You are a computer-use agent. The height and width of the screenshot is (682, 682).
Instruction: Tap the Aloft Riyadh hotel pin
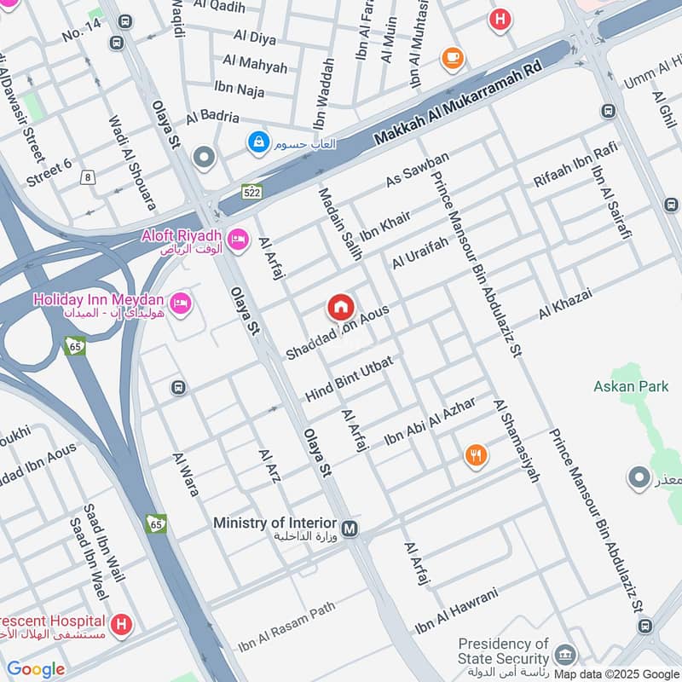239,239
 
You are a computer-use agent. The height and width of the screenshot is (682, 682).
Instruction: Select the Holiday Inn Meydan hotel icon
180,303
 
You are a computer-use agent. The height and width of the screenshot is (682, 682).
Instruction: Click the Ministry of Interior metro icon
350,529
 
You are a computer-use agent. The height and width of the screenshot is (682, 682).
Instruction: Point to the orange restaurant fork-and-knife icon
477,455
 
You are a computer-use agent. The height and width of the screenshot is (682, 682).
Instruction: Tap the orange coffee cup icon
453,58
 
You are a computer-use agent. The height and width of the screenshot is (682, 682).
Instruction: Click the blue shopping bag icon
257,142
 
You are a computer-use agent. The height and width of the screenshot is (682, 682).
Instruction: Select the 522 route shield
251,192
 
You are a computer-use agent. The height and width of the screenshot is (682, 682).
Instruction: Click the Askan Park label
631,386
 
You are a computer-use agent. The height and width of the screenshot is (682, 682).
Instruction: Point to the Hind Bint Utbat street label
349,379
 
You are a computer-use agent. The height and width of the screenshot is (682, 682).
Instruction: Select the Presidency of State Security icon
565,655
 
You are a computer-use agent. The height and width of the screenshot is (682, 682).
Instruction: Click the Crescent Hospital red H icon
123,625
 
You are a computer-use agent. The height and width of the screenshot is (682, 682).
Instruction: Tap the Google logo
36,669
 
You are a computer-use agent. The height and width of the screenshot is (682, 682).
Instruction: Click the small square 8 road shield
87,176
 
